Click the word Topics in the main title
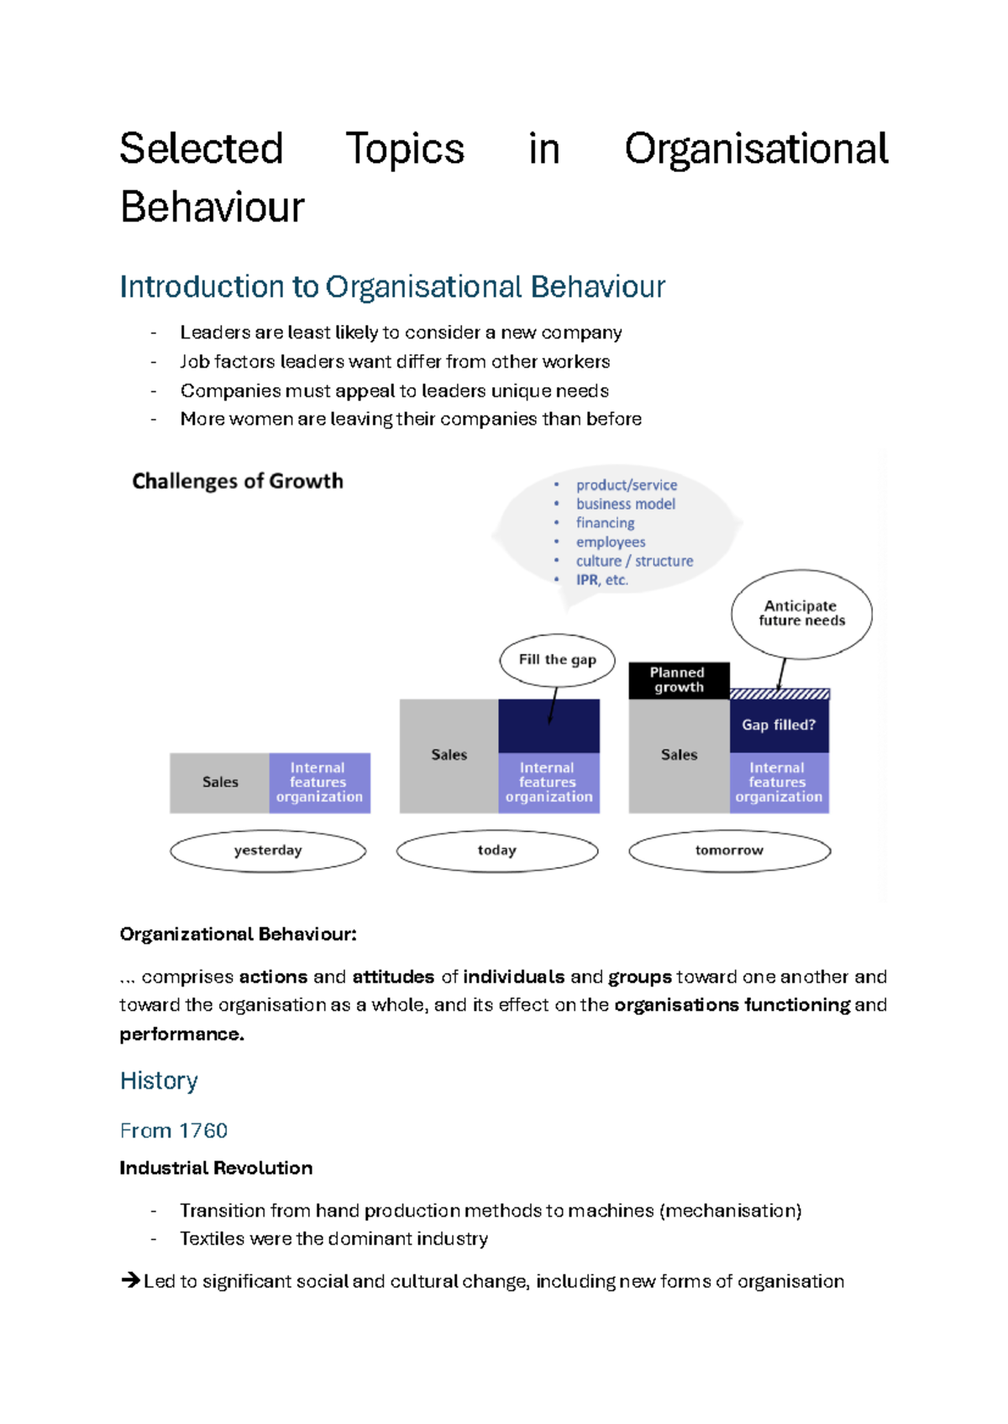click(405, 149)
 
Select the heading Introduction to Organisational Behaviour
click(392, 287)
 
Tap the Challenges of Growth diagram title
click(238, 481)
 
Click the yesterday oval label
click(268, 851)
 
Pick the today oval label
click(497, 851)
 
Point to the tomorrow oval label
click(729, 851)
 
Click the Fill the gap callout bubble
click(557, 660)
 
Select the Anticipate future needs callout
click(801, 614)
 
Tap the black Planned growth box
click(679, 680)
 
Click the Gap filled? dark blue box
click(779, 725)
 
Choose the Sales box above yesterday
click(220, 783)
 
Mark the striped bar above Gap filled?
click(780, 694)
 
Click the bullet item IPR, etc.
click(601, 580)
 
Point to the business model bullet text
click(625, 504)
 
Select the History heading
click(159, 1081)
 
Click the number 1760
click(203, 1131)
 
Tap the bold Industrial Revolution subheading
click(216, 1168)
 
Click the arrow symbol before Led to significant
click(130, 1280)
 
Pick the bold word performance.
click(181, 1034)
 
